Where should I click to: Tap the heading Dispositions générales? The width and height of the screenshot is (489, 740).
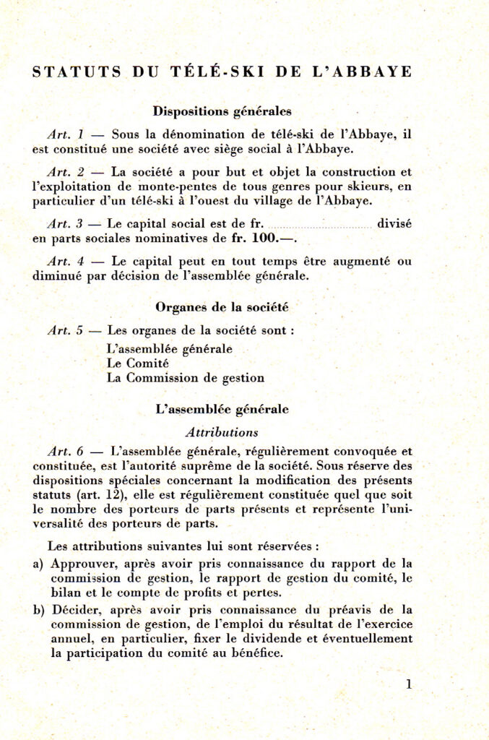pyautogui.click(x=222, y=111)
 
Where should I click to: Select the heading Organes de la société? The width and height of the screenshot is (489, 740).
pyautogui.click(x=222, y=306)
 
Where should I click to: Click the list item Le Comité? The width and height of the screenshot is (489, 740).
pyautogui.click(x=137, y=363)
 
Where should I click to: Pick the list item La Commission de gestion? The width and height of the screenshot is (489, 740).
pyautogui.click(x=185, y=377)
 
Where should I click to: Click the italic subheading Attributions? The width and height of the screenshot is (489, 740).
pyautogui.click(x=222, y=432)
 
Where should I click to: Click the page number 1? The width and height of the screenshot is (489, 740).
pyautogui.click(x=409, y=684)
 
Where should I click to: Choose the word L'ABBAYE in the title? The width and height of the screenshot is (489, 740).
pyautogui.click(x=369, y=72)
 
